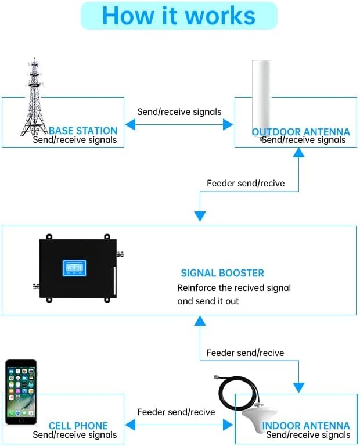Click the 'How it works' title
(178, 16)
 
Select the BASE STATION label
(83, 131)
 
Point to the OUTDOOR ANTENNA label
(301, 131)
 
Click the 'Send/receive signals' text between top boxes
(179, 111)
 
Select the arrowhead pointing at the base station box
(130, 124)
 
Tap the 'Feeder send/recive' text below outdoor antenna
(246, 184)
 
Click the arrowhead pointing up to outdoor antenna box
(298, 152)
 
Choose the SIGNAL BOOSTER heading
(222, 273)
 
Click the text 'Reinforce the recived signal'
(234, 287)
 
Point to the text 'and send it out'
(208, 301)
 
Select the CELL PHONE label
(78, 426)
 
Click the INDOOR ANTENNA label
(306, 426)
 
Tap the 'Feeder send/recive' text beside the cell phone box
(176, 412)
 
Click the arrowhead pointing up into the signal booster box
(200, 321)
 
